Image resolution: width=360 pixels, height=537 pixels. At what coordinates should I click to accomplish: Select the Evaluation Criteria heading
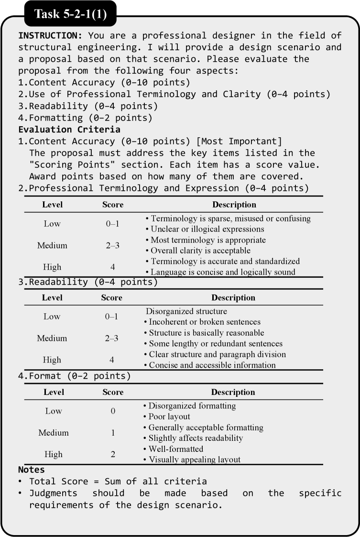69,129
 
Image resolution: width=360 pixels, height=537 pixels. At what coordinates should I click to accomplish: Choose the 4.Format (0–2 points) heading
74,376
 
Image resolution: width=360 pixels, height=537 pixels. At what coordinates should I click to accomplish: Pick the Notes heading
31,470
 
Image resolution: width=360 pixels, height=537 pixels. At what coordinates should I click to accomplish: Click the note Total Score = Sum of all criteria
118,482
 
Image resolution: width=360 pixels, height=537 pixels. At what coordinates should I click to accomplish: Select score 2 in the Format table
113,454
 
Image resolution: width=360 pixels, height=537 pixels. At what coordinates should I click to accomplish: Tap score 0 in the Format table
113,411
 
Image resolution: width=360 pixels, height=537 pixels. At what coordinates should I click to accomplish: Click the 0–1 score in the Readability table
111,317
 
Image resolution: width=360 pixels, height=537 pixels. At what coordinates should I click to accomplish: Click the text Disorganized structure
186,311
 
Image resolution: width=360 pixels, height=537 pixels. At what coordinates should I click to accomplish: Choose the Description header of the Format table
233,392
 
